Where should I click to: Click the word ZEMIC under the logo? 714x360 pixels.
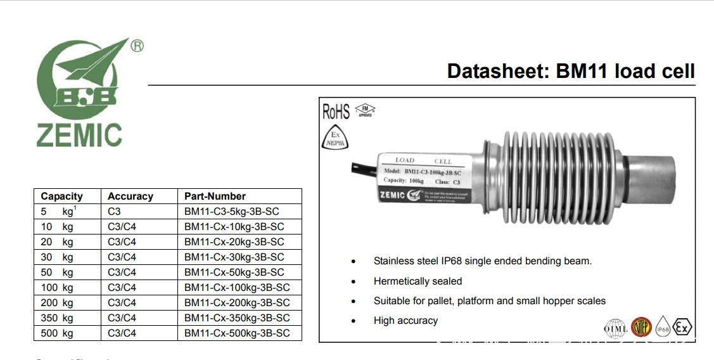click(79, 136)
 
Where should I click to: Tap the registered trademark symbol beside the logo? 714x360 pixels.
click(136, 46)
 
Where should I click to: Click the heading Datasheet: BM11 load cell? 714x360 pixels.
click(570, 71)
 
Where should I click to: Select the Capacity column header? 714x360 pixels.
click(61, 196)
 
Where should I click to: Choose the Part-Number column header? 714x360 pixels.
click(215, 196)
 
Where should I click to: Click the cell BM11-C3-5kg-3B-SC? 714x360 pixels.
click(231, 212)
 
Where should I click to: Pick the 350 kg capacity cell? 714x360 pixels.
click(57, 318)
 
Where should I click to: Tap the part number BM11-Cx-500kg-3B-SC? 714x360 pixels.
click(237, 333)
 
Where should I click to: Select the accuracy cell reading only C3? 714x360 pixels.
click(114, 212)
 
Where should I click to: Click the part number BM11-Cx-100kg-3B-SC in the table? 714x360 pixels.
click(237, 288)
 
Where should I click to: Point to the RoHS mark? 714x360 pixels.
click(336, 112)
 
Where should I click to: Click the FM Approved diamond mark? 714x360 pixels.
click(365, 111)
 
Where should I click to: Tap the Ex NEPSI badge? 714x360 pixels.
click(335, 139)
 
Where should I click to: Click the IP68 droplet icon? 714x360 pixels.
click(663, 328)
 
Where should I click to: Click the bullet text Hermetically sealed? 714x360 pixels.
click(418, 281)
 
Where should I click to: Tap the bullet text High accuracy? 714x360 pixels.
click(405, 321)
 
